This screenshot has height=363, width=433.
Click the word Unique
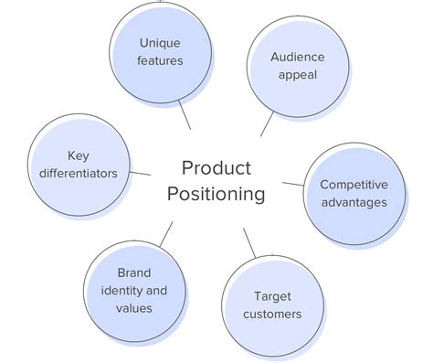(x=161, y=42)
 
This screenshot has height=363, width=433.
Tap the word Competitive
(x=354, y=184)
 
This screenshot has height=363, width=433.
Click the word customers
(x=277, y=315)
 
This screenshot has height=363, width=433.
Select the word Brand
(x=134, y=272)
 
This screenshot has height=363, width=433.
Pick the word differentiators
(x=79, y=173)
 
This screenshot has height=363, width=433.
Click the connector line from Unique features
(x=186, y=115)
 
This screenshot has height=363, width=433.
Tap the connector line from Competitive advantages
(x=293, y=184)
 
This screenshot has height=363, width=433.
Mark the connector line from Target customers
(x=249, y=243)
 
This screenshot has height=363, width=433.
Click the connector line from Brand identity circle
(x=165, y=234)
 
